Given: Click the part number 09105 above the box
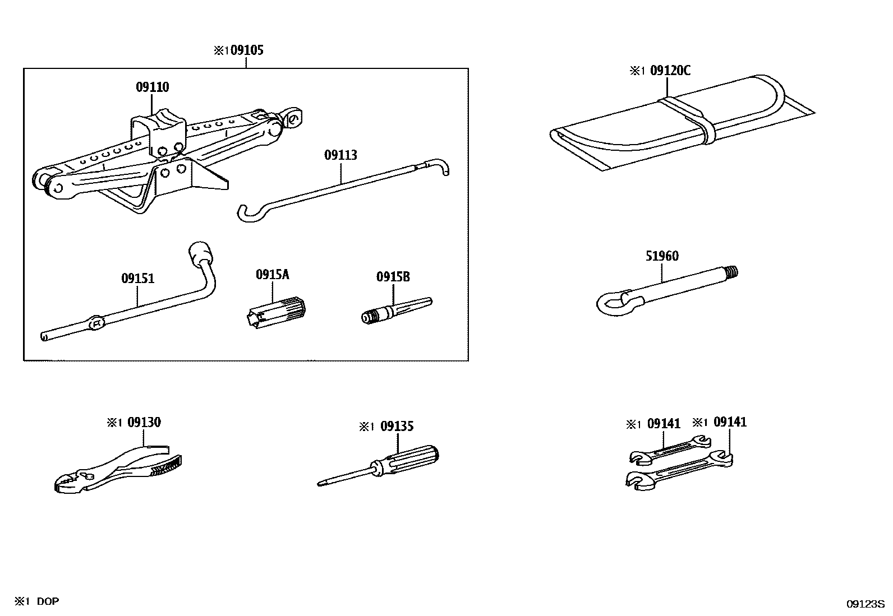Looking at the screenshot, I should click(247, 50).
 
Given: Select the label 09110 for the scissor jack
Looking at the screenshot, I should click(152, 87).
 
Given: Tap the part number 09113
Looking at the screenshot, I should click(340, 155).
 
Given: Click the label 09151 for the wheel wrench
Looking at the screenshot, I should click(137, 279).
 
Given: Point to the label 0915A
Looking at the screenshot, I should click(273, 275).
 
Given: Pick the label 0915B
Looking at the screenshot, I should click(393, 277).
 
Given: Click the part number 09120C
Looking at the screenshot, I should click(670, 71).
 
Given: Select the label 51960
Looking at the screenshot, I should click(662, 256).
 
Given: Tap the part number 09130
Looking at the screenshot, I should click(144, 423).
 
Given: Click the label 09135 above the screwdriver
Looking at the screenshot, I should click(397, 427).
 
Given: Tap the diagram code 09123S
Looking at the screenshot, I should click(865, 604).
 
